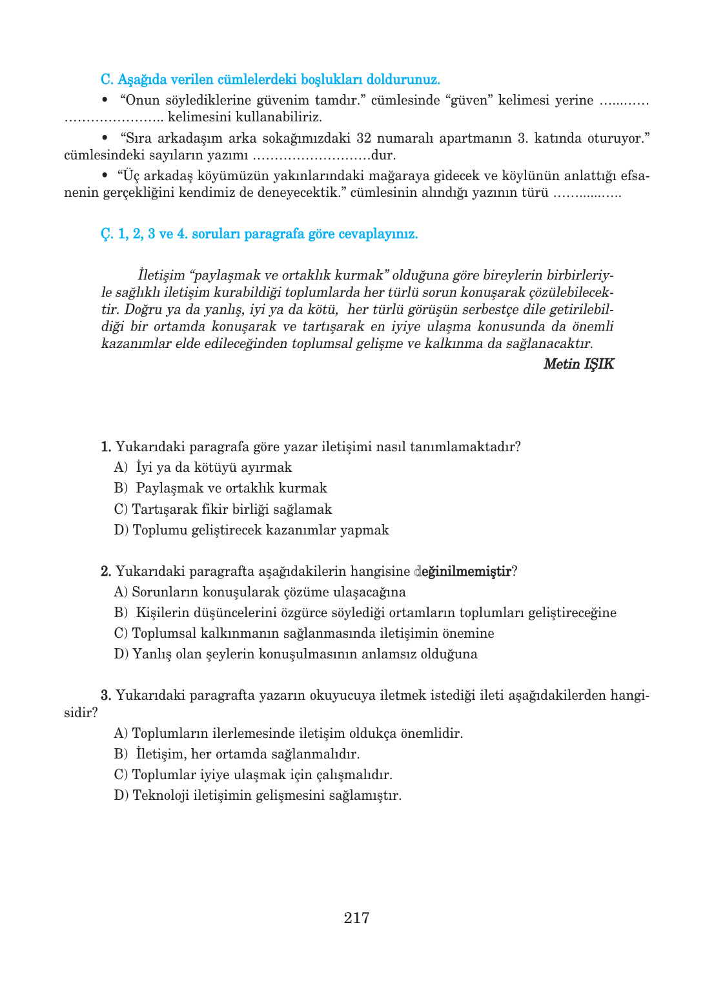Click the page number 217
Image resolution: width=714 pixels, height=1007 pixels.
point(356,917)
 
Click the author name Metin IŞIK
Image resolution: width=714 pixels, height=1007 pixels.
point(578,364)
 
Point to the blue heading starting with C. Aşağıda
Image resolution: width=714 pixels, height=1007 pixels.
point(270,80)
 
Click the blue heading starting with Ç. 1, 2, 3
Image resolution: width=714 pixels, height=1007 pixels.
point(259,234)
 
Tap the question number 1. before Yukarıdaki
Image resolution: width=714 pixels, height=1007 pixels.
point(107,447)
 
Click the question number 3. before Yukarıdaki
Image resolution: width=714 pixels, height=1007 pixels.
point(107,695)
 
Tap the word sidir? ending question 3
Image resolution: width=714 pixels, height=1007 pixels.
point(81,713)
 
